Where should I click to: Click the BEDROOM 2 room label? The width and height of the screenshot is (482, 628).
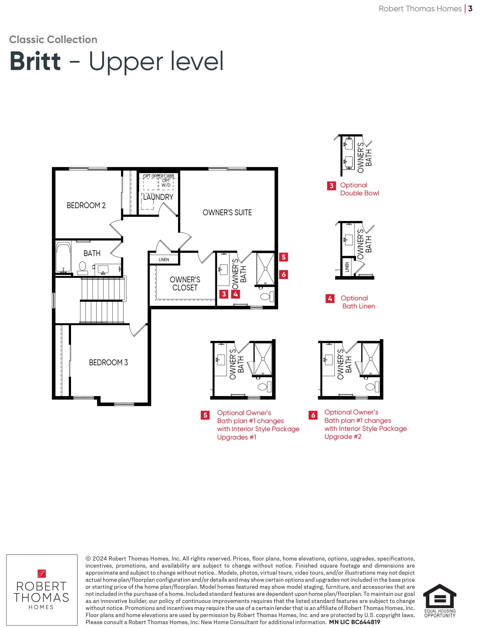(86, 205)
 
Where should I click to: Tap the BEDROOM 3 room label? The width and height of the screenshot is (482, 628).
(108, 362)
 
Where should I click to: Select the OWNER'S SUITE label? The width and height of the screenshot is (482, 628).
(227, 212)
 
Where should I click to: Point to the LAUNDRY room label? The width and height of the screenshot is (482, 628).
(158, 197)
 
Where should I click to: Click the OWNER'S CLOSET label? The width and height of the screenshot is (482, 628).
(185, 284)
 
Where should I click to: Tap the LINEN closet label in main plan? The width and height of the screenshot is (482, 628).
(164, 260)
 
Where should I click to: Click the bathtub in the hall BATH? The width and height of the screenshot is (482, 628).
(63, 258)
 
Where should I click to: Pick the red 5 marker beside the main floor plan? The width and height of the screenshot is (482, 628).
(283, 257)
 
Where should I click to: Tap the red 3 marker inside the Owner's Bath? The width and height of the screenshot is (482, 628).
(224, 294)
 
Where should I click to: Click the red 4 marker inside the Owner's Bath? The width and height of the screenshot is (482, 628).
(236, 294)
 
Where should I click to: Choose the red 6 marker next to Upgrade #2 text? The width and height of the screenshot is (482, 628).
(313, 415)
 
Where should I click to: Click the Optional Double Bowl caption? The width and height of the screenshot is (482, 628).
(360, 189)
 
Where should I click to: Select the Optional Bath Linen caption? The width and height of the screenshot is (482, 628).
(358, 302)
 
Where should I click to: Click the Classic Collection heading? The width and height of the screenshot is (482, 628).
(53, 40)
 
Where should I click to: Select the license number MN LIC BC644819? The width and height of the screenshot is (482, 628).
(354, 622)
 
